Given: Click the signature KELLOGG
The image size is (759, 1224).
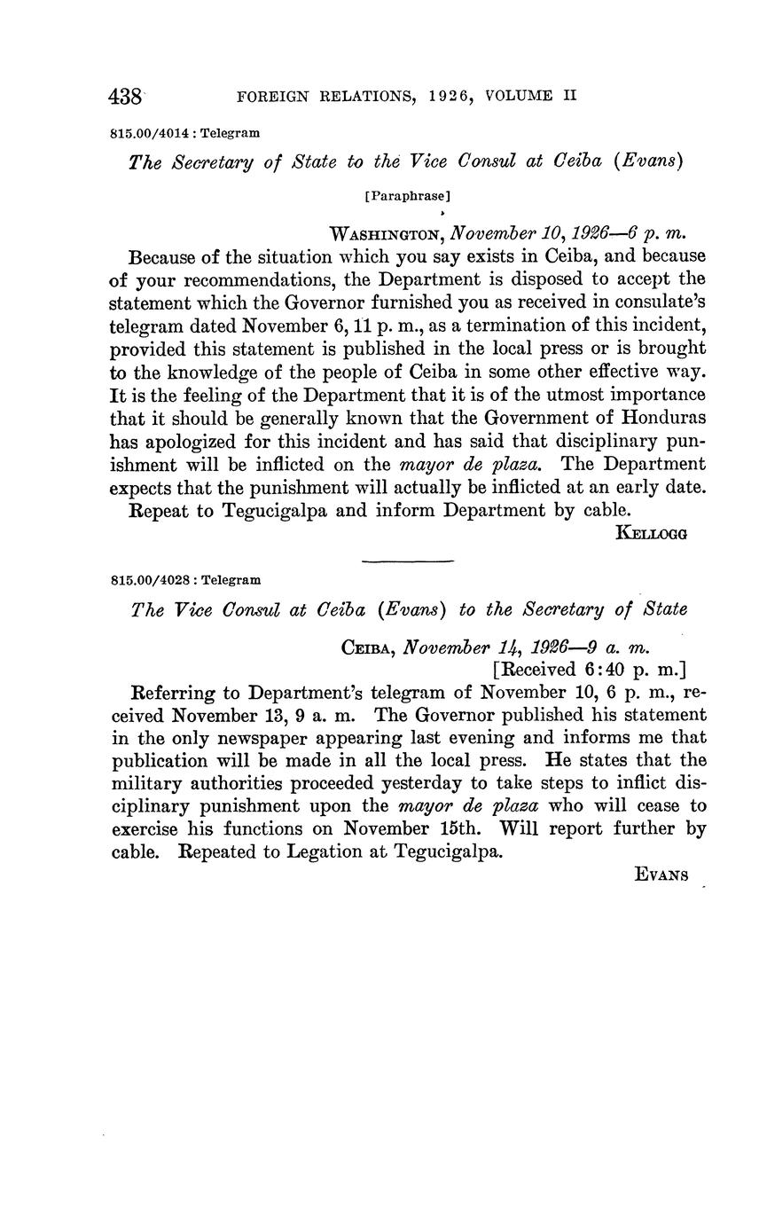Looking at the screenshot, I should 652,533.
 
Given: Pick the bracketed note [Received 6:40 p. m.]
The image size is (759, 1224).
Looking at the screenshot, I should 589,670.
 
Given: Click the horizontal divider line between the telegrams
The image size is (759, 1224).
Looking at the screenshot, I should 408,561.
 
